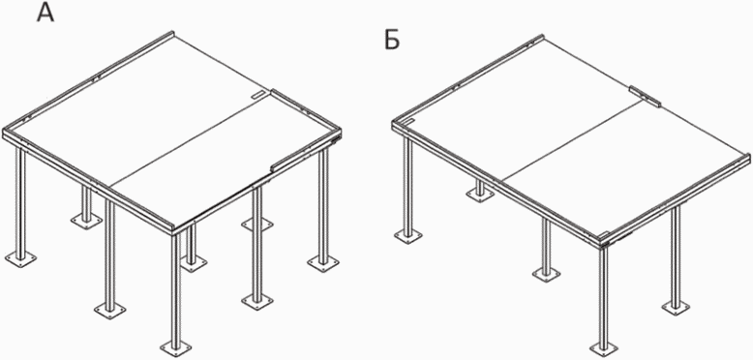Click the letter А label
click(45, 13)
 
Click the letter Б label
click(392, 41)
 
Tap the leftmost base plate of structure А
click(20, 258)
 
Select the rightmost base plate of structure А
click(323, 263)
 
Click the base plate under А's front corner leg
click(176, 346)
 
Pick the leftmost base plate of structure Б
click(408, 236)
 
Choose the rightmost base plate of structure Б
click(676, 307)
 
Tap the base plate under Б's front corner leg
click(604, 348)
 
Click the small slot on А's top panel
click(257, 95)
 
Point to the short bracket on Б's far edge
click(645, 96)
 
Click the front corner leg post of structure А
click(176, 288)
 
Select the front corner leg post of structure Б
click(604, 296)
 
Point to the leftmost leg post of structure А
click(20, 200)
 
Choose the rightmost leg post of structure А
click(323, 204)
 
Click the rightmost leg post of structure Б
click(676, 255)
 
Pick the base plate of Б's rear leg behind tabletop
click(480, 195)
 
